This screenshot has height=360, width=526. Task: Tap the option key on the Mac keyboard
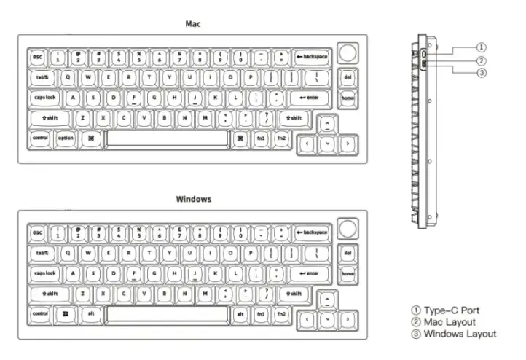click(x=66, y=138)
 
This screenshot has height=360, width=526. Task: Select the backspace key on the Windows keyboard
click(x=313, y=232)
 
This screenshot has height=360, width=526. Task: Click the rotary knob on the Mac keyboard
click(x=349, y=54)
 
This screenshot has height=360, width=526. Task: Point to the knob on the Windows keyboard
click(x=349, y=230)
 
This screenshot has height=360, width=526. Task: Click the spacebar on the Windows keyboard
click(x=167, y=314)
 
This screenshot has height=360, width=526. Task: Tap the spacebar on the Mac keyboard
click(x=167, y=138)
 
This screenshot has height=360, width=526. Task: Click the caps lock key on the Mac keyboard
click(x=45, y=97)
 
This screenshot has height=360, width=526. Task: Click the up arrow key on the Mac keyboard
click(x=328, y=124)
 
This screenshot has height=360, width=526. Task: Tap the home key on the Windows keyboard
click(x=348, y=274)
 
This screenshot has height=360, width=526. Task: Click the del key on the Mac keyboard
click(x=348, y=77)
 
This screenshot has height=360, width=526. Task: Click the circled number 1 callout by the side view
click(x=482, y=48)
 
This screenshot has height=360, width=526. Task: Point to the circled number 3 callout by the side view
click(x=482, y=73)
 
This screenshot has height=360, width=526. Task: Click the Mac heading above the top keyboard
click(x=193, y=23)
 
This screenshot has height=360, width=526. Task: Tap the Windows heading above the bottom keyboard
click(x=193, y=199)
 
